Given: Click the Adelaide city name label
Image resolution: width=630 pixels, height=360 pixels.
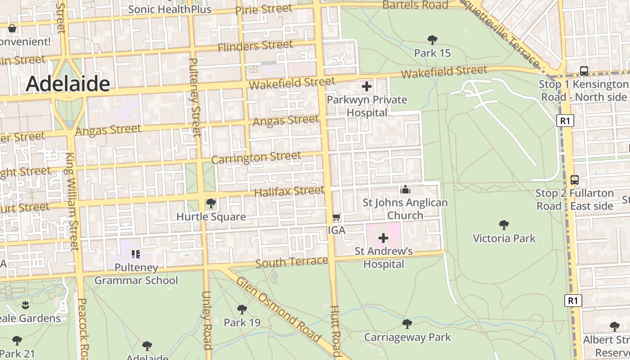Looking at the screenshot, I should tap(67, 84).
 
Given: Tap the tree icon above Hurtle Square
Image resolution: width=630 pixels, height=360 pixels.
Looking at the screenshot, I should tap(211, 204).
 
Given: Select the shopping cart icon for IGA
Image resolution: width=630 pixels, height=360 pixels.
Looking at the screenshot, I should tap(336, 217).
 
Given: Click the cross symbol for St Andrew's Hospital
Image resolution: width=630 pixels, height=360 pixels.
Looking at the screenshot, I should tap(383, 238).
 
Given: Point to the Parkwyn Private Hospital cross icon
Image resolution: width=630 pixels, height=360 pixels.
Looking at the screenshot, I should tap(367, 86).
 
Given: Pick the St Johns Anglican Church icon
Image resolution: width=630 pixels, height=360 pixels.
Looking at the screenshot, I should tap(405, 189).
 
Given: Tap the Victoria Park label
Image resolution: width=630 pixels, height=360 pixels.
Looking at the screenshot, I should tap(504, 238).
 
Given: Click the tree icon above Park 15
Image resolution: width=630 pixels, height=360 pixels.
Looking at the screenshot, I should tap(432, 40).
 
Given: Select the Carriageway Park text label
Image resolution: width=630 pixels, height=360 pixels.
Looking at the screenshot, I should tap(407, 337).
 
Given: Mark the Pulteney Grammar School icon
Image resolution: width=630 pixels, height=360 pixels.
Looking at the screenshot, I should tap(135, 254).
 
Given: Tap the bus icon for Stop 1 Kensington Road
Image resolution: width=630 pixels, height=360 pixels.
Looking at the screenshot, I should tap(584, 71).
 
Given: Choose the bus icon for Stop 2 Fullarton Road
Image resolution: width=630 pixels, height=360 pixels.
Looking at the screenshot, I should tap(574, 180).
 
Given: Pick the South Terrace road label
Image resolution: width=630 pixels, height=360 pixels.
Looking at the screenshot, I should tap(292, 262).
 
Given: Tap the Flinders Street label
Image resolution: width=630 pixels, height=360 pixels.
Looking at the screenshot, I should tap(255, 46).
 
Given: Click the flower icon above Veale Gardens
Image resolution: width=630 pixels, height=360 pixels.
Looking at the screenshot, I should tap(26, 305).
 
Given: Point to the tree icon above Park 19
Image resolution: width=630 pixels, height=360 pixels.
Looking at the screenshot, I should tap(242, 309).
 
